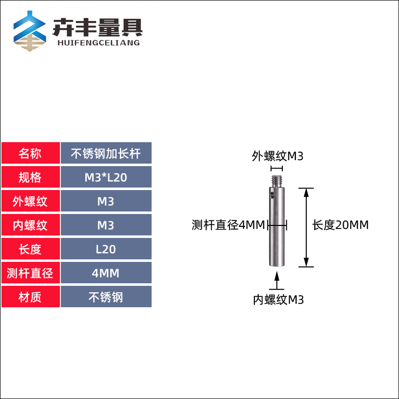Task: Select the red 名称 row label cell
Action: pyautogui.click(x=30, y=153)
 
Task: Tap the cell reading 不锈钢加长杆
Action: pyautogui.click(x=106, y=153)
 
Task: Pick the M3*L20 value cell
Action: pyautogui.click(x=106, y=177)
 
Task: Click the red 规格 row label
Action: pyautogui.click(x=30, y=177)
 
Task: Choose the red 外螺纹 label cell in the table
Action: pyautogui.click(x=30, y=201)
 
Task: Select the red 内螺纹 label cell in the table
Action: pyautogui.click(x=30, y=225)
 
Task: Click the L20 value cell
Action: pyautogui.click(x=106, y=249)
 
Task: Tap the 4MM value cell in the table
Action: pyautogui.click(x=106, y=273)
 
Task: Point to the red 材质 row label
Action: pyautogui.click(x=30, y=297)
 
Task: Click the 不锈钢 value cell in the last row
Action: pyautogui.click(x=106, y=297)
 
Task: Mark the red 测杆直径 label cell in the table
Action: pyautogui.click(x=30, y=273)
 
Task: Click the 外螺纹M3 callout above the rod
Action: pyautogui.click(x=278, y=156)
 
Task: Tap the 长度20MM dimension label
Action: pyautogui.click(x=341, y=225)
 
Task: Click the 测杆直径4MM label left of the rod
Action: pyautogui.click(x=228, y=225)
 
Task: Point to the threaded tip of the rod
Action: pyautogui.click(x=277, y=178)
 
